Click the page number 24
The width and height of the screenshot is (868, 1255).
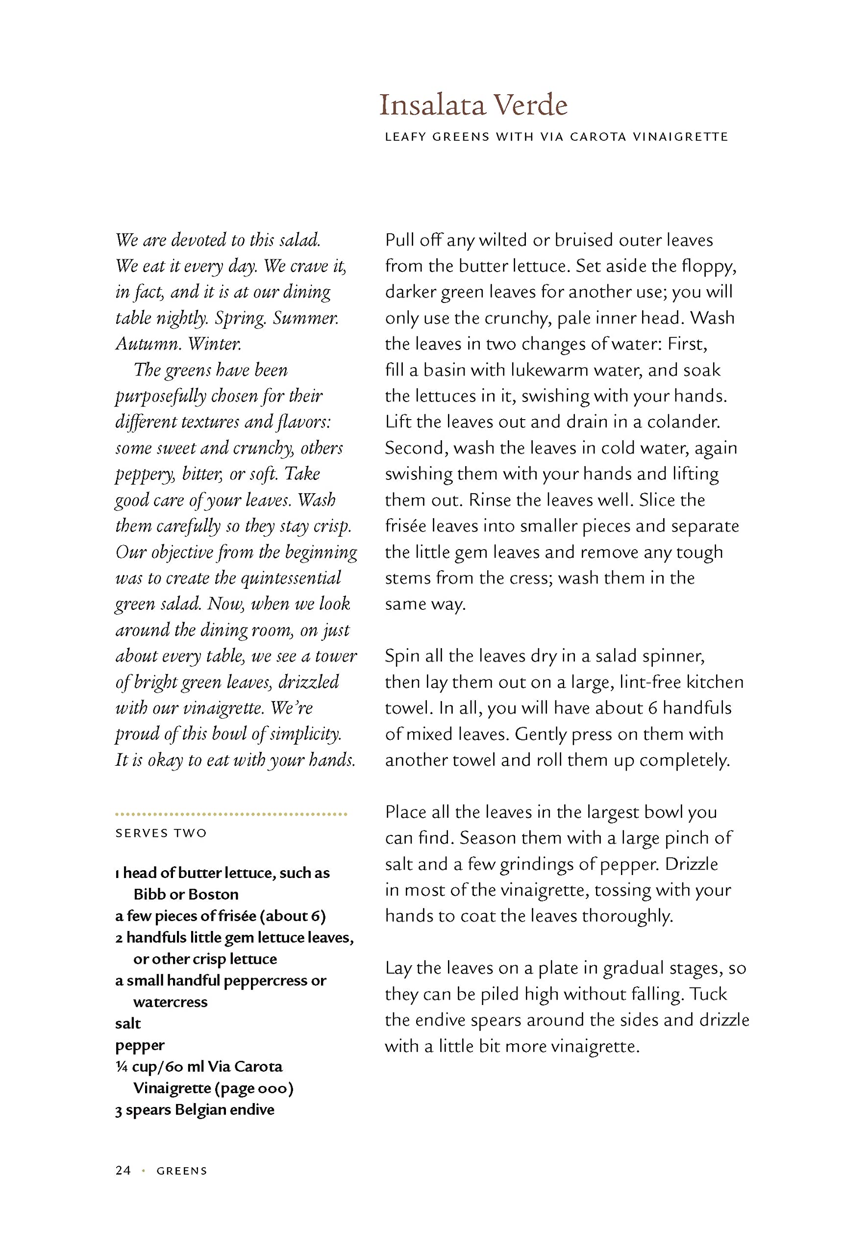point(123,1170)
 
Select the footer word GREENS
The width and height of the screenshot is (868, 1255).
point(182,1171)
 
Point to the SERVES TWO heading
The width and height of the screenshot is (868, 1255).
point(161,833)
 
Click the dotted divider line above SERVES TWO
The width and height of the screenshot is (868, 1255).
point(231,814)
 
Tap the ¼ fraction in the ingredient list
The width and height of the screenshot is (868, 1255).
point(121,1067)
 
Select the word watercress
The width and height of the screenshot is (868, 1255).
point(170,1002)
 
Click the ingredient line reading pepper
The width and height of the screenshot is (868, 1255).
point(140,1046)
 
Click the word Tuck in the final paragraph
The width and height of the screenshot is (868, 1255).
point(708,994)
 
